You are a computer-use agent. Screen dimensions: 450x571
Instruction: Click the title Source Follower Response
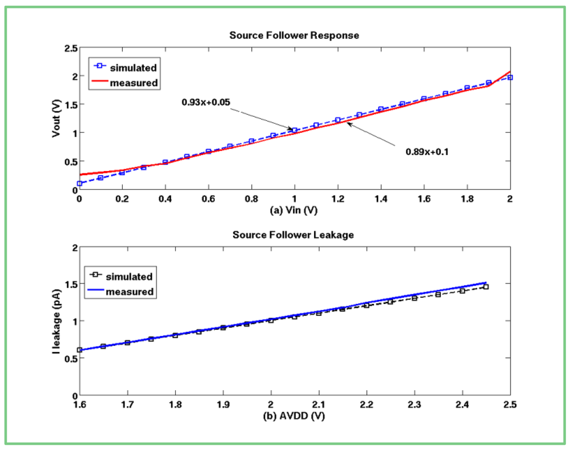click(294, 35)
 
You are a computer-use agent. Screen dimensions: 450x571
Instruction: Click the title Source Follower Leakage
click(294, 234)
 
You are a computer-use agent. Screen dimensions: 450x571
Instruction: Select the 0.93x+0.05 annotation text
click(206, 102)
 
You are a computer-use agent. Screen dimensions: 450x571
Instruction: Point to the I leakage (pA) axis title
click(55, 321)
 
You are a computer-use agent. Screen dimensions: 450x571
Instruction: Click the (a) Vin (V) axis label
click(294, 210)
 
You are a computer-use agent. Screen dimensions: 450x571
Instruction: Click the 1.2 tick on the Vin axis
click(337, 199)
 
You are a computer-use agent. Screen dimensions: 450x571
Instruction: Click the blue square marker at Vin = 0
click(79, 184)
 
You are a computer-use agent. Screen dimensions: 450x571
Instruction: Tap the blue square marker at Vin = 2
click(510, 77)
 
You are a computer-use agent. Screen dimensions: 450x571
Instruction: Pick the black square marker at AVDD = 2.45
click(486, 287)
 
